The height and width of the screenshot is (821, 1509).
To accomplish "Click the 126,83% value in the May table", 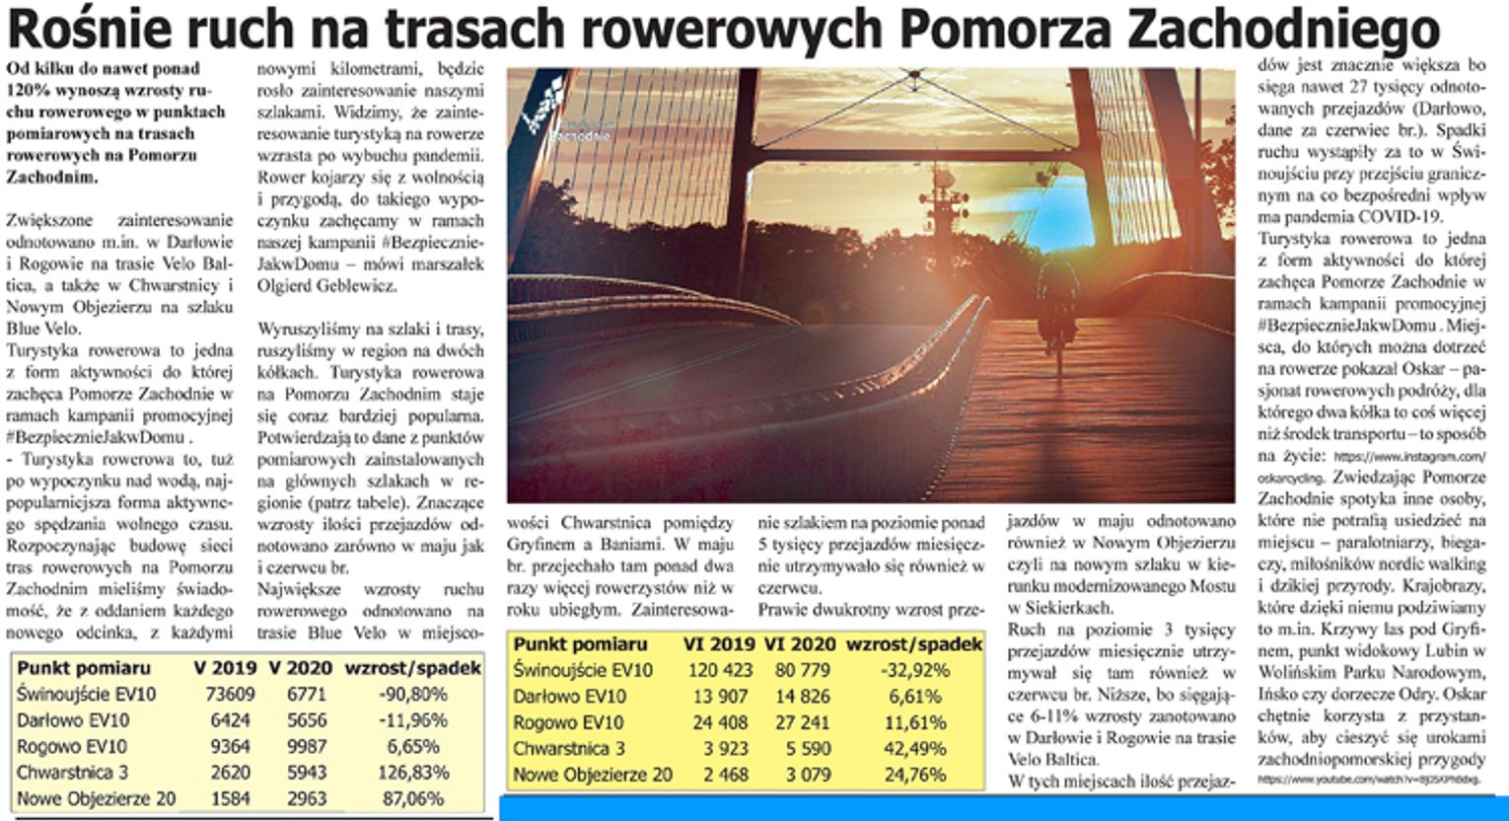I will click(414, 773).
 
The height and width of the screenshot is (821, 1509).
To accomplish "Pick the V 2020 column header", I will click(300, 668).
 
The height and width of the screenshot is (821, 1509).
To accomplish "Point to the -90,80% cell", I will click(414, 695).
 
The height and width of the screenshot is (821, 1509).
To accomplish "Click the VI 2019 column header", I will click(718, 644).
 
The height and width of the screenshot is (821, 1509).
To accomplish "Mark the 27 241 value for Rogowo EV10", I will click(795, 722).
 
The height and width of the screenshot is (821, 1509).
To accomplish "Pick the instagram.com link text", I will click(1410, 457).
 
